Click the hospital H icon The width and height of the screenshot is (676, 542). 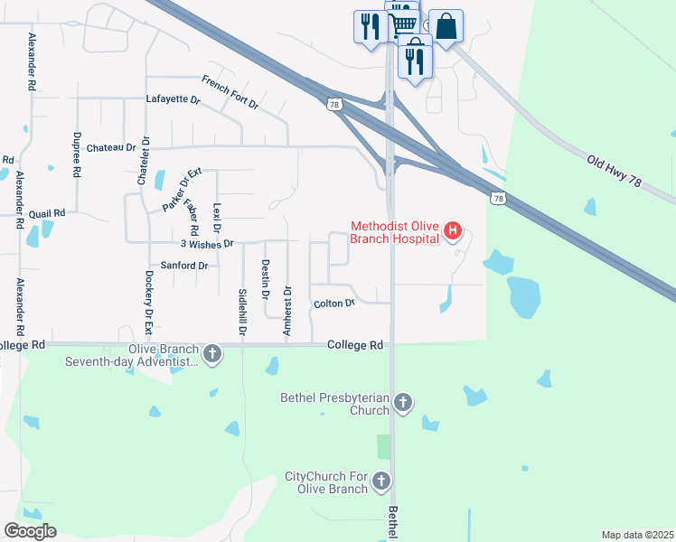(x=453, y=232)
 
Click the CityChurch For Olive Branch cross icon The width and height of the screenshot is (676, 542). (x=381, y=481)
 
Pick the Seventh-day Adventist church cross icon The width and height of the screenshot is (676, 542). (x=211, y=353)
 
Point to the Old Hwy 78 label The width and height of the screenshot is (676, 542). (x=619, y=171)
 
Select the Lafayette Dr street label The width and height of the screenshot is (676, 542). (x=172, y=100)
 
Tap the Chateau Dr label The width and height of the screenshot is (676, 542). (x=112, y=147)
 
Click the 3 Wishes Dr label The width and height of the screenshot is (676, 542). (x=207, y=244)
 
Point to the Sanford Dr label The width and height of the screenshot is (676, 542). (x=183, y=266)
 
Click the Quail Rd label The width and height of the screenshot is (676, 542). (x=47, y=213)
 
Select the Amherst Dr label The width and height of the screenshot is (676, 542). (x=287, y=311)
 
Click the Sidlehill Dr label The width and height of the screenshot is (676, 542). (x=242, y=313)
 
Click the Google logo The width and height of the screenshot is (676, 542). (x=30, y=531)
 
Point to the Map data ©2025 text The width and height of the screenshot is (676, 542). (x=636, y=535)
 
